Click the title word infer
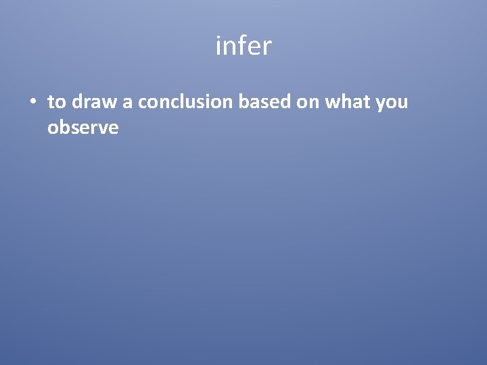pyautogui.click(x=243, y=47)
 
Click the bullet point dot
pyautogui.click(x=32, y=103)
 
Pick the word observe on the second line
pyautogui.click(x=83, y=127)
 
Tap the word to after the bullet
pyautogui.click(x=56, y=103)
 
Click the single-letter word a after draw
pyautogui.click(x=127, y=103)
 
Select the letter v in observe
pyautogui.click(x=102, y=128)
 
